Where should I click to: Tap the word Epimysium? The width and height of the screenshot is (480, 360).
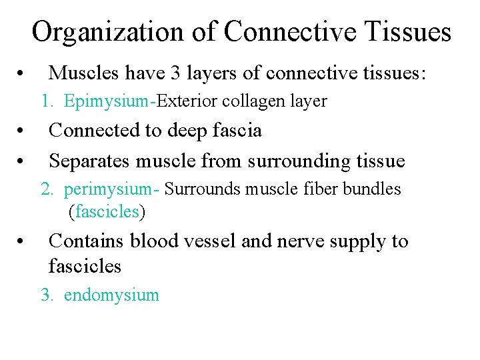pos(106,101)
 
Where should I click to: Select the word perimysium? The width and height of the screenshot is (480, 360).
pos(108,189)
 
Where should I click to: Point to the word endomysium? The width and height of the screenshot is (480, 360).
pos(111,295)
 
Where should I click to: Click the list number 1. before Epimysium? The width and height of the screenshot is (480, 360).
pos(47,101)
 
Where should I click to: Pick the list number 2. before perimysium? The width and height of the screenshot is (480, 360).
pos(47,189)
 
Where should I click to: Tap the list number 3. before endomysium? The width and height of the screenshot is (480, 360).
pos(47,295)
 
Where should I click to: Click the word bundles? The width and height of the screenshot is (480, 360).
pos(372,189)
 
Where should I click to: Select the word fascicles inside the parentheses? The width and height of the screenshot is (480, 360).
pos(106,213)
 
